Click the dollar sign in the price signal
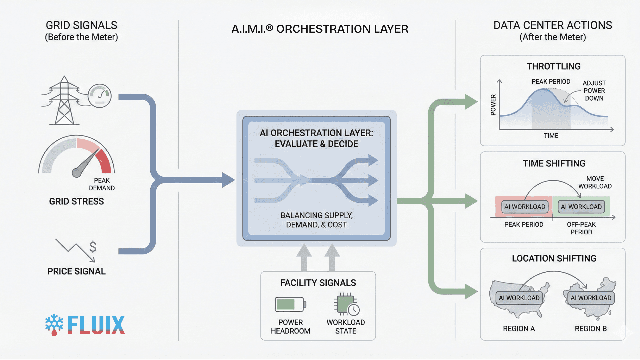(x=93, y=247)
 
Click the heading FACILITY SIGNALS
(x=318, y=283)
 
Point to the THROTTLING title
(x=553, y=66)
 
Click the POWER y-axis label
(x=493, y=105)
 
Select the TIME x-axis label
(x=551, y=136)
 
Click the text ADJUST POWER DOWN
(x=594, y=91)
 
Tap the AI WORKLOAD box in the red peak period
(x=525, y=207)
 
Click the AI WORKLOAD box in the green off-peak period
(x=581, y=207)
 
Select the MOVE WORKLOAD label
(x=595, y=182)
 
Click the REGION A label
(x=519, y=329)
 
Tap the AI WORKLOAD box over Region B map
(x=591, y=298)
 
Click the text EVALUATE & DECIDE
(x=316, y=144)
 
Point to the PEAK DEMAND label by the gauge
(x=102, y=184)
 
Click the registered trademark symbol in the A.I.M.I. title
(x=269, y=28)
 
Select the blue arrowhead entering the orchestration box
(x=228, y=180)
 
